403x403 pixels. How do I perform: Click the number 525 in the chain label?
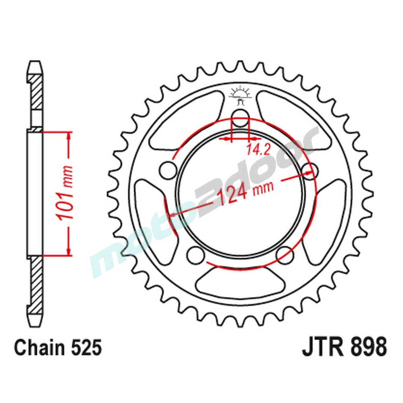coord(84,347)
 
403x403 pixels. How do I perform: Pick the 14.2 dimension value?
coord(255,150)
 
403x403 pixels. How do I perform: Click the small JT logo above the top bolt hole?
coord(241,93)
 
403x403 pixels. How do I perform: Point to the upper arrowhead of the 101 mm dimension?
coord(69,137)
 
